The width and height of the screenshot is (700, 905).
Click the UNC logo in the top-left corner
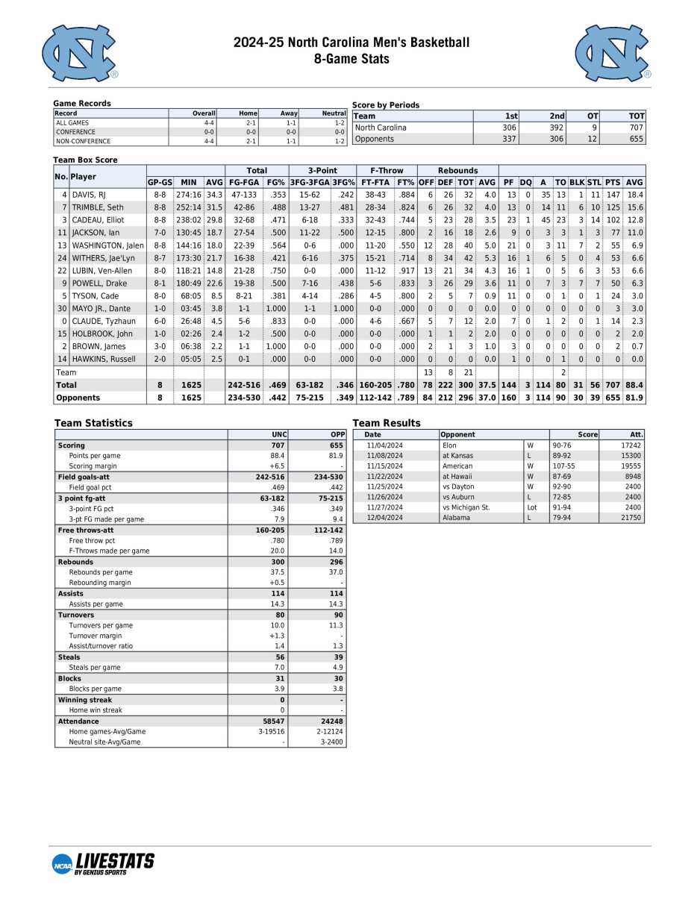point(80,52)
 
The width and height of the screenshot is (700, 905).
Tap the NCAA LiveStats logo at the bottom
point(103,863)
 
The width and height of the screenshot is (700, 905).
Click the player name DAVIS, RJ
point(89,195)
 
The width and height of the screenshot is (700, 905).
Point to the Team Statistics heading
point(93,423)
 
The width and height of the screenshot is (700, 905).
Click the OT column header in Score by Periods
point(582,116)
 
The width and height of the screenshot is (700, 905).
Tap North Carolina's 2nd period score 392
point(551,128)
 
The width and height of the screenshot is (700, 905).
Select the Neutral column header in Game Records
point(334,113)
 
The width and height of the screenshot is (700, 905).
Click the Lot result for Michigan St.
point(532,507)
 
